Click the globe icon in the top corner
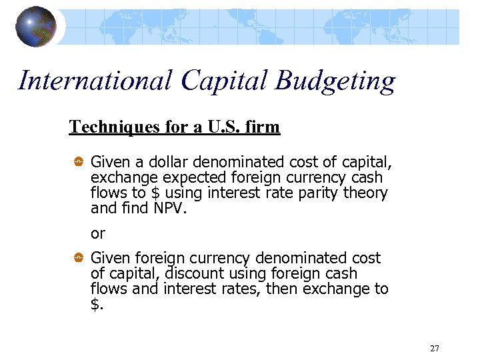coord(36,27)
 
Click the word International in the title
coord(95,81)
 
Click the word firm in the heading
coord(263,127)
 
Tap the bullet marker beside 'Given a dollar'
coord(77,162)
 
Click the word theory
coord(365,193)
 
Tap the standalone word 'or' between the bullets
coord(97,233)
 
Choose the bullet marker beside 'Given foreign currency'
coord(77,258)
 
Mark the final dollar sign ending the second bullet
coord(96,305)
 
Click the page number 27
coord(435,349)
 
